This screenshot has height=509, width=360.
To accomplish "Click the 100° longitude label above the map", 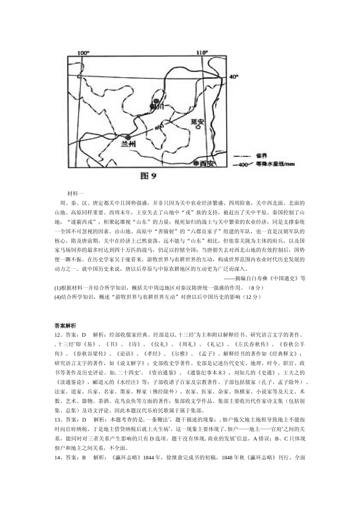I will tap(83, 53).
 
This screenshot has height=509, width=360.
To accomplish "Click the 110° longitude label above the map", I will tap(202, 53).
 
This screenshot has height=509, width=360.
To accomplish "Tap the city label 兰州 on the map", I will tap(128, 144).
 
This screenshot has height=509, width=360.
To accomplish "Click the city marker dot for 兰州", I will tap(129, 137).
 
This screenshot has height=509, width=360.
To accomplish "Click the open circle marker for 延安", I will tap(197, 128).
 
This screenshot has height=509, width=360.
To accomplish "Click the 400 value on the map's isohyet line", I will tap(159, 127).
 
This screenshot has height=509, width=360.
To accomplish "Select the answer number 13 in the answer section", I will tap(58, 420).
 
